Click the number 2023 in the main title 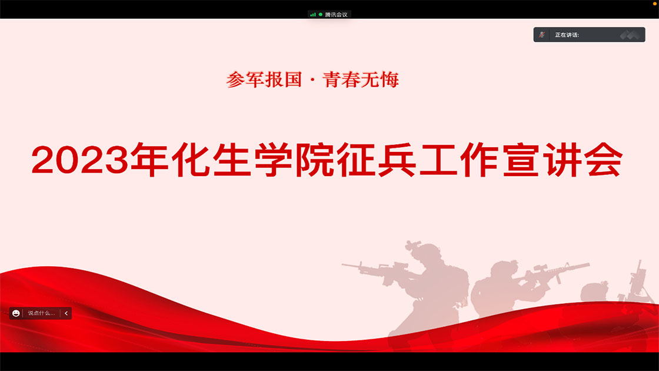[80, 160]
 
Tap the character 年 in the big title [149, 160]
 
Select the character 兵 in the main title [397, 160]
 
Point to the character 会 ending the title [604, 160]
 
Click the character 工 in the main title [438, 160]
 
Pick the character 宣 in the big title [521, 160]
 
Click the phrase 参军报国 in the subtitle [264, 79]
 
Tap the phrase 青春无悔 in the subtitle [361, 79]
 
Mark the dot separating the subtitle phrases [312, 80]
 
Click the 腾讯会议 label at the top [336, 15]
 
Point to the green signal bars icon [312, 15]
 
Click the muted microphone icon [542, 35]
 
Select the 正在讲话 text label [567, 35]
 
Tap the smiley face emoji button [16, 313]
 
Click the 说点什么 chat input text [41, 313]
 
